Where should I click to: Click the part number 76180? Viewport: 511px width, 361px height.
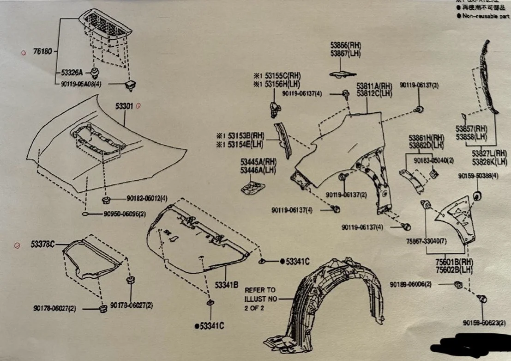point(42,52)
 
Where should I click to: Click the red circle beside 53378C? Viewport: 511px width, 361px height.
point(18,245)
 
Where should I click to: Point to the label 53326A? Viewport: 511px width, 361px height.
point(72,73)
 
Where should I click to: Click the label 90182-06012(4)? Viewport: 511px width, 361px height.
point(147,199)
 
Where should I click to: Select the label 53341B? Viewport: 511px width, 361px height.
point(226,285)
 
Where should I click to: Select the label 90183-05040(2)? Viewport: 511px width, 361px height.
point(433,160)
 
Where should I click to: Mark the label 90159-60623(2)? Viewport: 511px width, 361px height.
point(482,322)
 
